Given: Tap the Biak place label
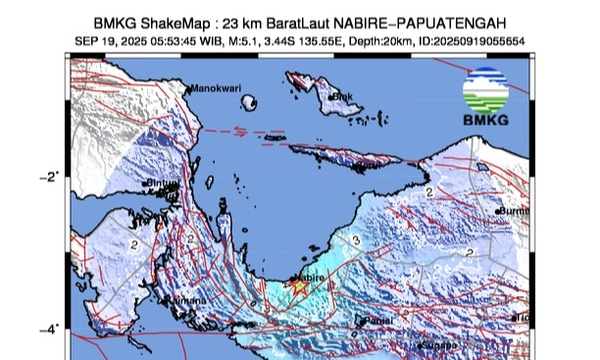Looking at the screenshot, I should coord(342,96).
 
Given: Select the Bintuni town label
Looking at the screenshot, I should coord(165,183).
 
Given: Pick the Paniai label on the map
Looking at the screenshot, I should coord(377,321).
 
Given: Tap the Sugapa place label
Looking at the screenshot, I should coord(438,346).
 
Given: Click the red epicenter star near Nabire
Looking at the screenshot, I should coord(300,286).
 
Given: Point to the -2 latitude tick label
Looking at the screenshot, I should coord(48,177).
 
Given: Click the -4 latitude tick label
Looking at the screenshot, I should coord(48,329).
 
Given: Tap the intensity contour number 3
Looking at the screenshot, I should coord(356,238).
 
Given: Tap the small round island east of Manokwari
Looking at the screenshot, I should coord(251,101).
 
